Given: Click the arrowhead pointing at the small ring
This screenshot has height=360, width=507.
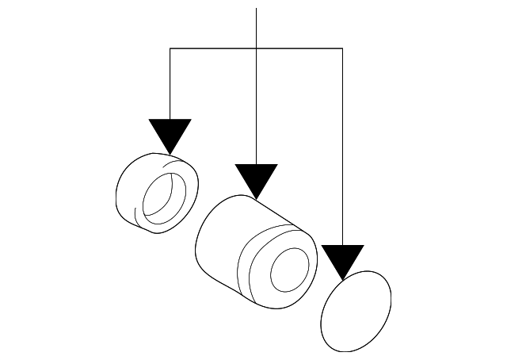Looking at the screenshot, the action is [x=170, y=132].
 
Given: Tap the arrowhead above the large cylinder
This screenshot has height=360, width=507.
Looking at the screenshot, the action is [x=256, y=178].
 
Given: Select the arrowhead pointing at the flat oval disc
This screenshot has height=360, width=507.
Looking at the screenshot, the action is [x=342, y=259].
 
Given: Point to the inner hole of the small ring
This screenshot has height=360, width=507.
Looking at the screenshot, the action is [x=166, y=193].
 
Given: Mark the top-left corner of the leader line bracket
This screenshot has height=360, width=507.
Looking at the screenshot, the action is [x=170, y=49].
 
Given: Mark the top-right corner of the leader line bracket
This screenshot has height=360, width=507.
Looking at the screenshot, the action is [x=342, y=49].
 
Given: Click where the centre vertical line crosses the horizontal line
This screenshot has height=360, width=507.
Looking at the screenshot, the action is [x=256, y=49].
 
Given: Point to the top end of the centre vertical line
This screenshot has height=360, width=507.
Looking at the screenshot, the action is [x=256, y=8].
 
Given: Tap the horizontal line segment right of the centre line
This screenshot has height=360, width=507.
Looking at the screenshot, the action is [x=299, y=49].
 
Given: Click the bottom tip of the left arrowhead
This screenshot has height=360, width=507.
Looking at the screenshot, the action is [x=170, y=154].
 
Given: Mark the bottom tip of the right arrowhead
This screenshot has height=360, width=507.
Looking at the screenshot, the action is [x=342, y=280].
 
